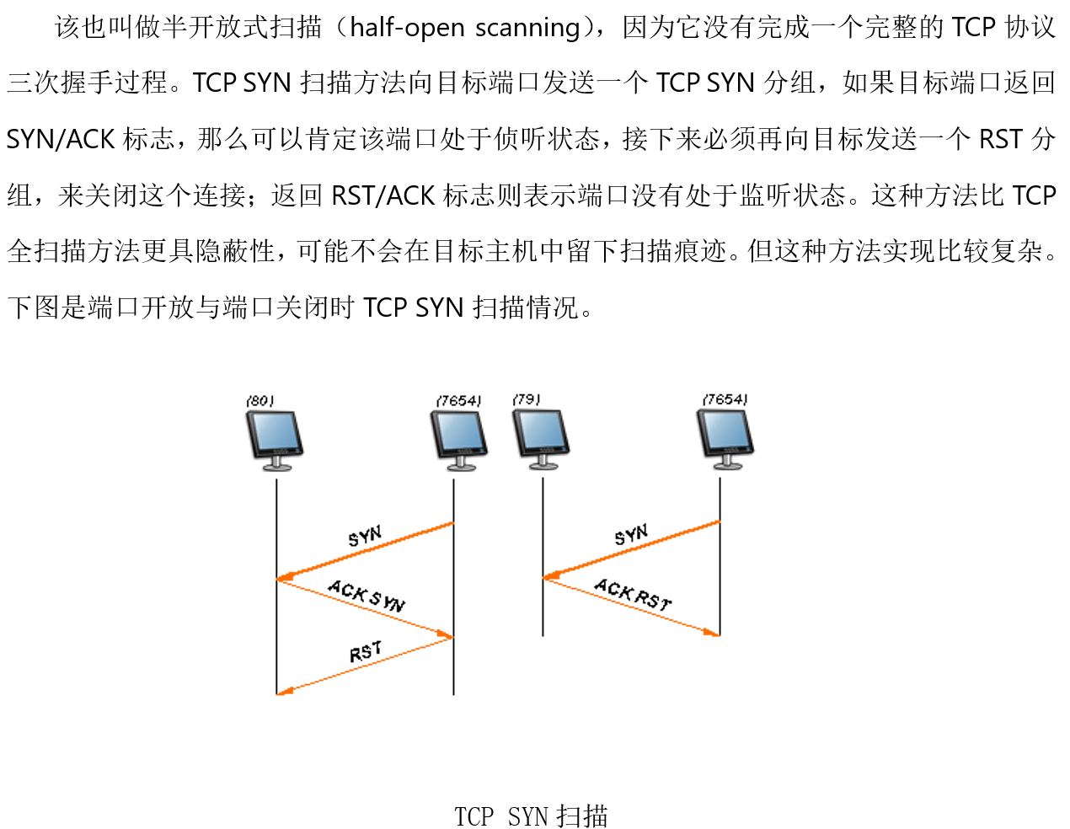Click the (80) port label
tap(260, 401)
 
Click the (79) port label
tap(527, 399)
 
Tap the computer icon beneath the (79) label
tap(541, 439)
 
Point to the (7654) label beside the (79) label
tap(725, 399)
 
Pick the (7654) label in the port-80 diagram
tap(459, 401)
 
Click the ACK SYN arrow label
tap(366, 595)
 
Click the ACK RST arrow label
tap(633, 594)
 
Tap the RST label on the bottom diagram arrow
tap(366, 651)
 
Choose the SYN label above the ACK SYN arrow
tap(365, 536)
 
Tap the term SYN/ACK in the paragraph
tap(60, 139)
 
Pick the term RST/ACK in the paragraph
tap(383, 195)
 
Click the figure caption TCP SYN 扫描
tap(531, 816)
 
